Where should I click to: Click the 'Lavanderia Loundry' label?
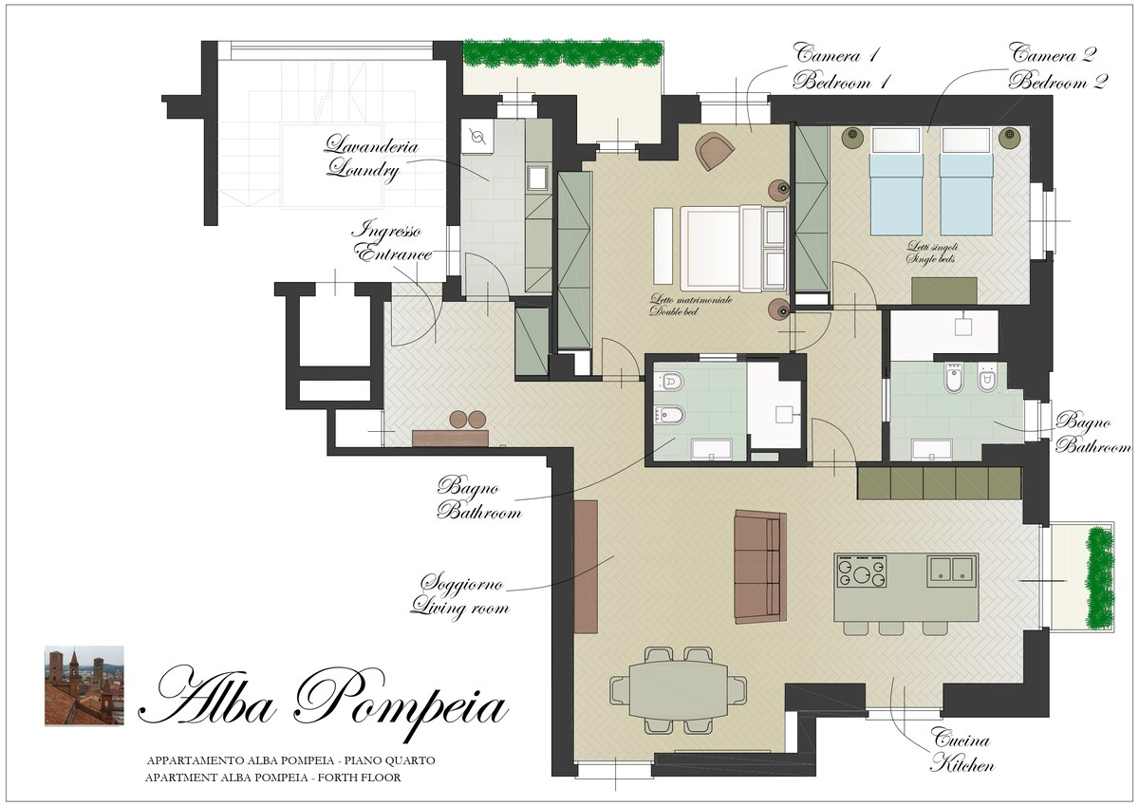coord(372,158)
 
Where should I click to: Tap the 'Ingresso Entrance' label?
coord(391,242)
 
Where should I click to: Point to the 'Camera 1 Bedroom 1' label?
coord(841,67)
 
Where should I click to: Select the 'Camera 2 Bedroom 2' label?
coord(1057,67)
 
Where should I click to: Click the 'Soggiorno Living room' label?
coord(460,595)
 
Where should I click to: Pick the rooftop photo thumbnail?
coord(84,685)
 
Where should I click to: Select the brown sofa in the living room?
coord(759,567)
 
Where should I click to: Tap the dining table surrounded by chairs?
coord(679,690)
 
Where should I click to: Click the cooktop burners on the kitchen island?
coord(862,572)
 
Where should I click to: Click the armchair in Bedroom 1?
coord(716,151)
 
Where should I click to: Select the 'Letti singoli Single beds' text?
coord(932,253)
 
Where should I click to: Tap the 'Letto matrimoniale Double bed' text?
coord(691,305)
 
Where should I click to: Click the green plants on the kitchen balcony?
coord(1099,578)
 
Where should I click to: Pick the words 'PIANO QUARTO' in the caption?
coord(389,760)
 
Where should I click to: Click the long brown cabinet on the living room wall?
coord(586,567)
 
